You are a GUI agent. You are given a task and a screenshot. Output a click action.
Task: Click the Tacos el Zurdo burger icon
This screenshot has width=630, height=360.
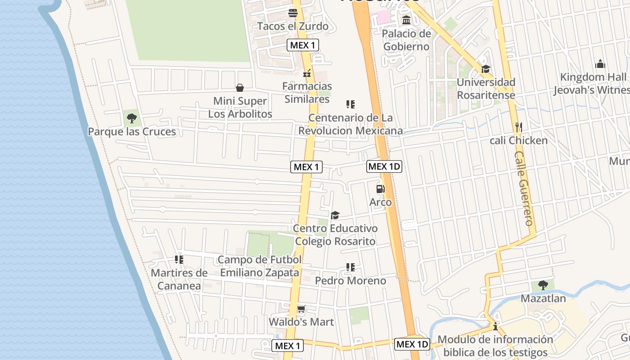[x=293, y=13]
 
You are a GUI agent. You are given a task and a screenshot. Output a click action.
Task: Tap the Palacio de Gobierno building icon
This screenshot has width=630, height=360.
[x=406, y=20]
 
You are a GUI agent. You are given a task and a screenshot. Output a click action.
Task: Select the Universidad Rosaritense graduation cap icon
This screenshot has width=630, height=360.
[x=486, y=69]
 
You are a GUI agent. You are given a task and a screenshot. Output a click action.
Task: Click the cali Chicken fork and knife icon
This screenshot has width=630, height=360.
[x=518, y=127]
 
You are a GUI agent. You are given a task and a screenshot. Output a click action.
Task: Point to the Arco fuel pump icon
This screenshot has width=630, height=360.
[x=380, y=189]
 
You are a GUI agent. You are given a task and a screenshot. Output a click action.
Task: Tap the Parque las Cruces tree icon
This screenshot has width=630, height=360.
[x=132, y=118]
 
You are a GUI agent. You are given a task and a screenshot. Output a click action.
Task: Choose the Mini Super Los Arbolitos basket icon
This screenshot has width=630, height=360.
[x=240, y=87]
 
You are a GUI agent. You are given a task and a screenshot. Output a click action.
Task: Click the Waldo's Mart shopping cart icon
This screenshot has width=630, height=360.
[x=301, y=309]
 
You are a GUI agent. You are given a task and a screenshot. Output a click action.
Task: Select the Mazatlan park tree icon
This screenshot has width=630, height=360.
[x=543, y=285]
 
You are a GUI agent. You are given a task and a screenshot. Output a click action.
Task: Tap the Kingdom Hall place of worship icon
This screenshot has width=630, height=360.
[x=600, y=64]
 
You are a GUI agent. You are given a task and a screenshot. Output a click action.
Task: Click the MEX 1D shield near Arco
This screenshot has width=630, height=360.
[x=384, y=166]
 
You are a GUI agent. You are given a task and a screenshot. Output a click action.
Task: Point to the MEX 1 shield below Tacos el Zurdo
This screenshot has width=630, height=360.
[x=303, y=45]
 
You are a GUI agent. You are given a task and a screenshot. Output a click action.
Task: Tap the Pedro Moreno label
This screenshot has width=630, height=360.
[x=351, y=281]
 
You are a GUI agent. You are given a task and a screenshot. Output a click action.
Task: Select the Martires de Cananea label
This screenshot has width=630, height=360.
[x=179, y=279]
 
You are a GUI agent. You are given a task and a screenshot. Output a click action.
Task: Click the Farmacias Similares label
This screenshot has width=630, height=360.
[x=307, y=92]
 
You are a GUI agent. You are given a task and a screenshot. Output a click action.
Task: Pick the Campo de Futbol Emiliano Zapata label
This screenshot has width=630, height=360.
[x=260, y=266]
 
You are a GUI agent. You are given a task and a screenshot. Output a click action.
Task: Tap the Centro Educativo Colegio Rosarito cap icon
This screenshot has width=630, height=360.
[x=335, y=215]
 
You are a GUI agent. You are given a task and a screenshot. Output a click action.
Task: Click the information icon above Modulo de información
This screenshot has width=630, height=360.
[x=495, y=326]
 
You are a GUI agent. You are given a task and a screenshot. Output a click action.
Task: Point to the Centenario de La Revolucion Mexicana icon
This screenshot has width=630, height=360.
[x=351, y=104]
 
